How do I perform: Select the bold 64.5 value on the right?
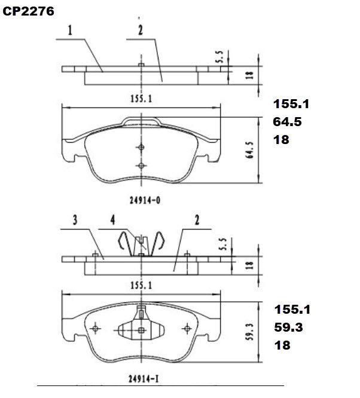coord(288,122)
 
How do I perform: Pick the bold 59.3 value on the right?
coord(288,327)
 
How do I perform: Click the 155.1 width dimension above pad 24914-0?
coord(141,100)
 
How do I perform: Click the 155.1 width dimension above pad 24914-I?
coord(141,286)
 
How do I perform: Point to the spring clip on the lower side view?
coord(141,243)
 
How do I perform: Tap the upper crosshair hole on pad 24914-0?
coord(141,148)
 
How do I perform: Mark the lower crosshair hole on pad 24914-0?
coord(141,166)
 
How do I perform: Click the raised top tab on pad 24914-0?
coord(141,121)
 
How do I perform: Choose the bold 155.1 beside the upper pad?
coord(291,104)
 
